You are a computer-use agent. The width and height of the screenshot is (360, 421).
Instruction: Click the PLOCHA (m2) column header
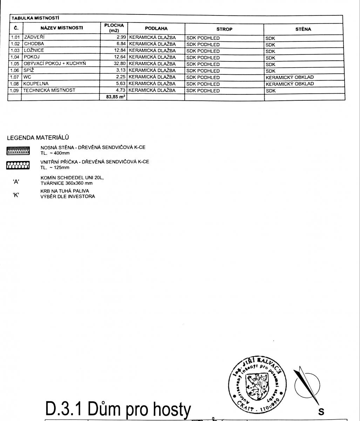click(x=114, y=28)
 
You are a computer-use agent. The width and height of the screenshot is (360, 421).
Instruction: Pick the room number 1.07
click(x=14, y=77)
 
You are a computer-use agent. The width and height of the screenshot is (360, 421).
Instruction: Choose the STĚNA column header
click(x=303, y=29)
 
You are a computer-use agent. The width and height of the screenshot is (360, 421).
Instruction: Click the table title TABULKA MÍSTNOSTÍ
click(x=35, y=18)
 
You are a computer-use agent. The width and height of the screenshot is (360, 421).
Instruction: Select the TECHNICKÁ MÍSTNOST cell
click(x=49, y=90)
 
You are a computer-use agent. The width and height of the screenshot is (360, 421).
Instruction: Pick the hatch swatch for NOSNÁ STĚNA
click(x=19, y=151)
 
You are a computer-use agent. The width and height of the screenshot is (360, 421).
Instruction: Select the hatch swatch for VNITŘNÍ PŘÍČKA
click(x=19, y=165)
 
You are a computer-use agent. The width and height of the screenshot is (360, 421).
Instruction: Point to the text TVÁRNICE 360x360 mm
click(x=67, y=183)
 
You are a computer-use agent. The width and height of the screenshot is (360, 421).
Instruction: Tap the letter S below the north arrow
click(x=321, y=411)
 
